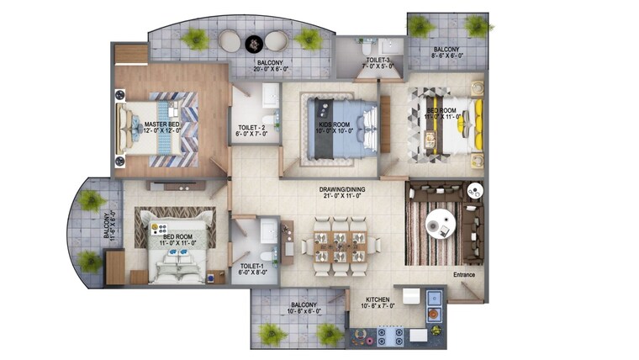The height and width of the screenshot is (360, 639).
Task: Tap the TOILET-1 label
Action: [253, 268]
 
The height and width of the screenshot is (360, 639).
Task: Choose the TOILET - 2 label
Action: [253, 129]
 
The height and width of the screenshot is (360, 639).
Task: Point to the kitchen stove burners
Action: [392, 336]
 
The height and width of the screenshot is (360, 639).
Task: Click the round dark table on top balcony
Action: [253, 41]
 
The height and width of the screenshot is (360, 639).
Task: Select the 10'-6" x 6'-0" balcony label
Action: [298, 309]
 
